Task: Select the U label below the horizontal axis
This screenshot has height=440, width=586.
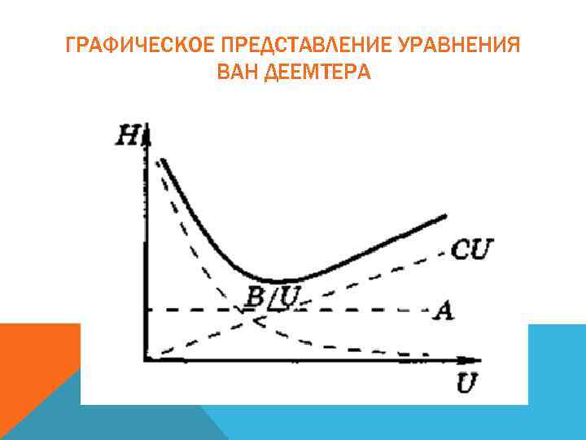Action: point(466,383)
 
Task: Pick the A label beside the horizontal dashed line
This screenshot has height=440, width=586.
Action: point(444,310)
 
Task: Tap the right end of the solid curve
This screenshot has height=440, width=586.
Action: point(446,216)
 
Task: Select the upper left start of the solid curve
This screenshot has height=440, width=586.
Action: point(163,161)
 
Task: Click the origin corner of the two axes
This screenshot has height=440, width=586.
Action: point(147,358)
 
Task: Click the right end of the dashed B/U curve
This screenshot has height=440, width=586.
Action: point(426,354)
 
